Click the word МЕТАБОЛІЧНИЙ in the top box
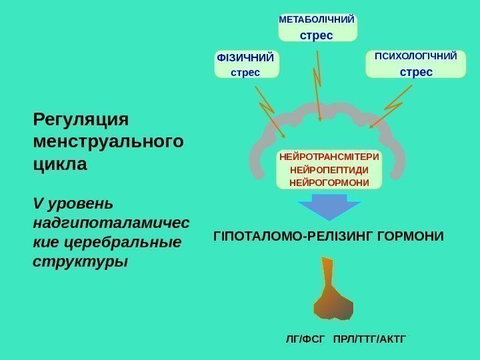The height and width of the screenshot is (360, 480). (x=317, y=21)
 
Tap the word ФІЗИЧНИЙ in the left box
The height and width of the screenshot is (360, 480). (x=245, y=58)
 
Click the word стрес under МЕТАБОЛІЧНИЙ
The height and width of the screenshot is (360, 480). (x=317, y=34)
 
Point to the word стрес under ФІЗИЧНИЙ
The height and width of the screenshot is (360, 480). (x=245, y=71)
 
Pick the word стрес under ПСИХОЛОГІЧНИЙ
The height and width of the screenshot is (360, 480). (x=416, y=71)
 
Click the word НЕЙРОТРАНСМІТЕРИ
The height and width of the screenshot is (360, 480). (x=329, y=157)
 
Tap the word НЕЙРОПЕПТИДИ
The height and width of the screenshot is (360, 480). (x=329, y=169)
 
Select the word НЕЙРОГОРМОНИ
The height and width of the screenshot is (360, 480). (x=329, y=181)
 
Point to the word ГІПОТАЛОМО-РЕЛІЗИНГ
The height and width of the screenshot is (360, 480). (x=288, y=236)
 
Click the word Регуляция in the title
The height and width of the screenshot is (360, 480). (x=80, y=119)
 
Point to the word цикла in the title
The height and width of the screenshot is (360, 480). (x=60, y=163)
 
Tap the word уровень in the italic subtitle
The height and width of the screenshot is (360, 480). (x=80, y=202)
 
